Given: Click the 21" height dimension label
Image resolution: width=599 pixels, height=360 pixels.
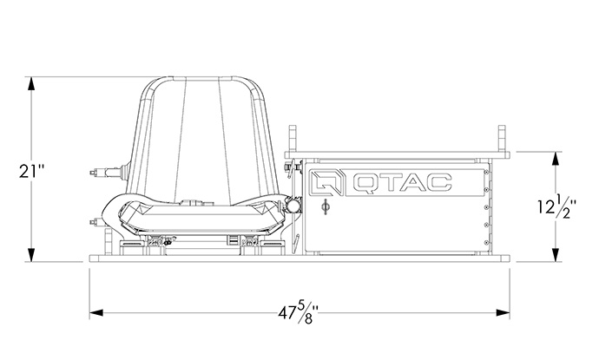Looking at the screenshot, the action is pos(32,171).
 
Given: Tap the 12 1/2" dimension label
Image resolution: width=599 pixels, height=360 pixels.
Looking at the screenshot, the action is pos(557,206).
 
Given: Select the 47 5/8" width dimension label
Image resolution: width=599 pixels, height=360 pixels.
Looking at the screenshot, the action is pos(298,312).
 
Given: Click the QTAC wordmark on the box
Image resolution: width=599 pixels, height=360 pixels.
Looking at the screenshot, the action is pos(403,182).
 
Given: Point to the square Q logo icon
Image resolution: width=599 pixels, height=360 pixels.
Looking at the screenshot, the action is pos(326,182).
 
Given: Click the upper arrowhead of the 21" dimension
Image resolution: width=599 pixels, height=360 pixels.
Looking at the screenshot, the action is pos(31,83).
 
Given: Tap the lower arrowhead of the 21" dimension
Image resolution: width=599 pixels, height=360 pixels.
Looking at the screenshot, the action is pos(31,255).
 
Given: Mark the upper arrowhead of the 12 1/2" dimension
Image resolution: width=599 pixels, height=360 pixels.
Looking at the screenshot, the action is pos(556,159).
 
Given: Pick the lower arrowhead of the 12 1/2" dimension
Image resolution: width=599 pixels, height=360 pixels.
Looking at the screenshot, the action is pos(556,255).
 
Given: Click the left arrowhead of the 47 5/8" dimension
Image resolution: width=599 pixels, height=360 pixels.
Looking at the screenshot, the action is pos(96,312).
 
